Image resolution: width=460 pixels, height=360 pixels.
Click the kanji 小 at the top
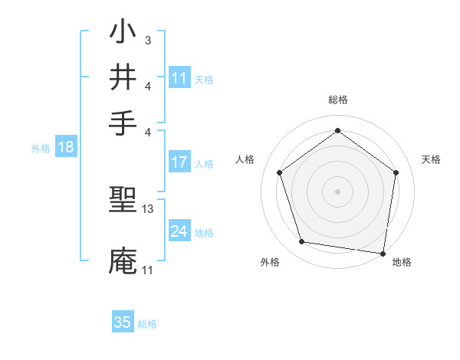pos(123,34)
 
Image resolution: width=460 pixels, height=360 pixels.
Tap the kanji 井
pos(123,77)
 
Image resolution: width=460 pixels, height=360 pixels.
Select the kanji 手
pos(123,122)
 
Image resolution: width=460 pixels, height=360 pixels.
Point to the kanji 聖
pos(123,202)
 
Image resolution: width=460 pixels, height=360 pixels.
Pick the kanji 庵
pos(123,261)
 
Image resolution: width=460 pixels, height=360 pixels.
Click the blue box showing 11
pos(179,78)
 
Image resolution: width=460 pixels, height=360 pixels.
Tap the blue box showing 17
pos(179,162)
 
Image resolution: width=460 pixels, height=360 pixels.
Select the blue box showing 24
pos(179,231)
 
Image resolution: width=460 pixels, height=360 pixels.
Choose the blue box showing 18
pos(66,147)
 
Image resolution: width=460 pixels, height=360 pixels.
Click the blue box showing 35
pos(123,322)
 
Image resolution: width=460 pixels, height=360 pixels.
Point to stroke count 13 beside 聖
pos(148,208)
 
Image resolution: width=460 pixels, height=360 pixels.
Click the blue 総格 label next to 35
pos(148,324)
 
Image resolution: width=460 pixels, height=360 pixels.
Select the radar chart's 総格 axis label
pos(338,100)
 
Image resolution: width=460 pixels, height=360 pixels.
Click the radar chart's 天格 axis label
pos(432,159)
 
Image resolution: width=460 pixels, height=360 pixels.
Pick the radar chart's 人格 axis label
pos(245,159)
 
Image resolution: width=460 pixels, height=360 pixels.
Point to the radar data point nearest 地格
pos(383,253)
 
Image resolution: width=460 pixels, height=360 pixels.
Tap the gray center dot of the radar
pos(338,191)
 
